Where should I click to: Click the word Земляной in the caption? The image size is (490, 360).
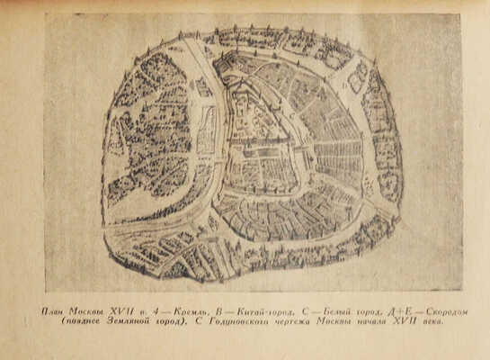(120, 321)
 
